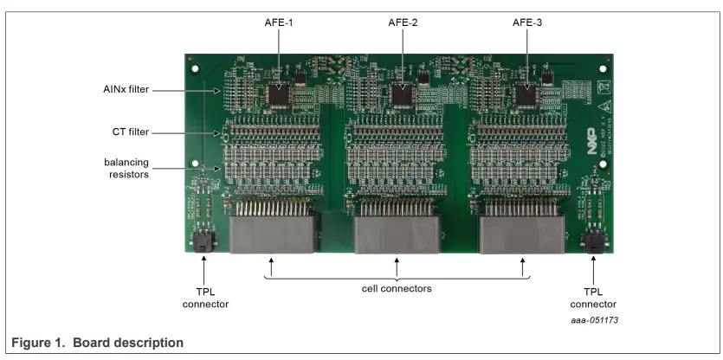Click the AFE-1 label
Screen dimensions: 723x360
280,22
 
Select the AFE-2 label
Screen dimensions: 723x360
403,22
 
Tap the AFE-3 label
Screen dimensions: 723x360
527,22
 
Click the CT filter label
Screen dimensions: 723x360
131,132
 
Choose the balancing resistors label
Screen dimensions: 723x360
126,168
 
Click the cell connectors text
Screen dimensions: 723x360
397,288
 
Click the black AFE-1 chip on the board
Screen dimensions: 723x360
279,93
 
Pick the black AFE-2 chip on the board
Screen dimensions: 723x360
403,93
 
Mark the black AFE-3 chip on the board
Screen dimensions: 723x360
525,93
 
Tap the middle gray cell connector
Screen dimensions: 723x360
397,231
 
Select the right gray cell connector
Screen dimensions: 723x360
522,231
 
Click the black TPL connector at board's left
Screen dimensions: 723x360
202,241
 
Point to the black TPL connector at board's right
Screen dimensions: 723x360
594,241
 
